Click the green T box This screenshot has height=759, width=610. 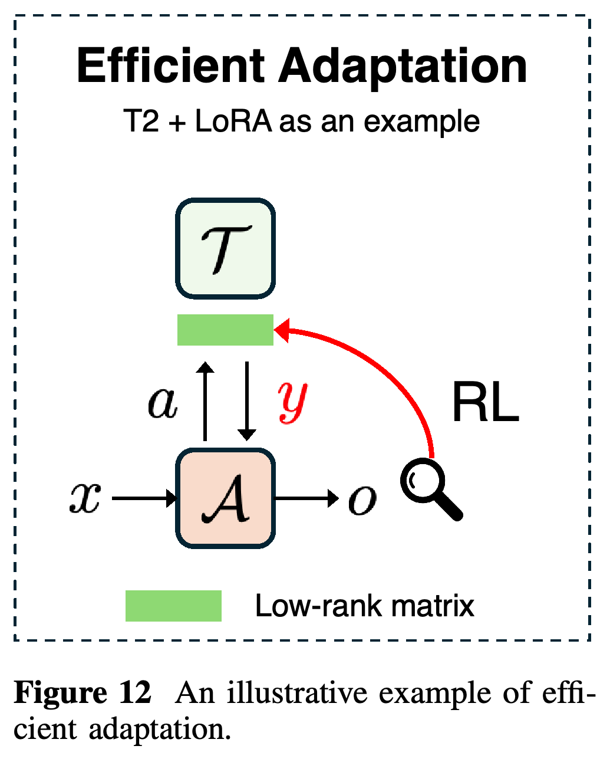point(225,248)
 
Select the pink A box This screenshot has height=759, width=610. point(225,498)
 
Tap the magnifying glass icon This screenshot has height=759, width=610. point(431,489)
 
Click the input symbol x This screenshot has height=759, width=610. point(85,498)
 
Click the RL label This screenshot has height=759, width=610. point(486,402)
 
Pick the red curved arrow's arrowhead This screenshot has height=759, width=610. point(282,330)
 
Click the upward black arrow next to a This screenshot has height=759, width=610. point(205,402)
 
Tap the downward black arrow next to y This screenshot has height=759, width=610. point(247,402)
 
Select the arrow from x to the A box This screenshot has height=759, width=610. point(144,498)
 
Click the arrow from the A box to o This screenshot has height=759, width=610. point(306,498)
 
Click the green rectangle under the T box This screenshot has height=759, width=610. point(225,330)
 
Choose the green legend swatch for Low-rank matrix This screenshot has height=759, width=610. point(173,606)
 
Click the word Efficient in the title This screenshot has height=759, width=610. point(171,65)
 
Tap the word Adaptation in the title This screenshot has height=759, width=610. point(403,69)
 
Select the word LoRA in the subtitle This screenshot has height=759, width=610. point(233,121)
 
